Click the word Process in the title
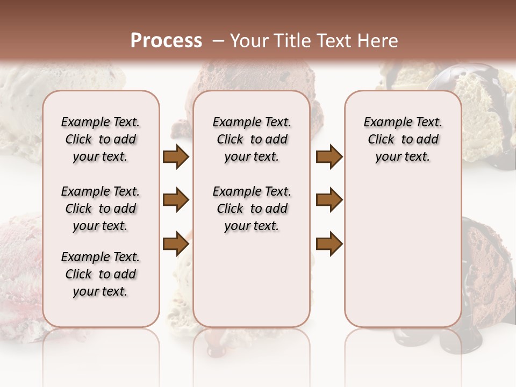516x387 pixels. coord(166,41)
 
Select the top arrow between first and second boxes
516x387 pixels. coord(175,157)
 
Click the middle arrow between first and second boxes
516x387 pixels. coord(175,200)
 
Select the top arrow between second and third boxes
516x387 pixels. coord(329,157)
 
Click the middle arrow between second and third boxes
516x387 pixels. coord(329,200)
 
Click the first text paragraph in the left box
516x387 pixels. coord(101,139)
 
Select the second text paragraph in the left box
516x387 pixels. coord(101,209)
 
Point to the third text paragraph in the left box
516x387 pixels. coord(101,274)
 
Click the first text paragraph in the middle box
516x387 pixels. coord(252,139)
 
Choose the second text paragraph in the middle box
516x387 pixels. coord(252,209)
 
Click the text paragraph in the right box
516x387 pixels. coord(403,139)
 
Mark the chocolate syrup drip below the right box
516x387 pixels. coord(408,339)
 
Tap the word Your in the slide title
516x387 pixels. coord(248,41)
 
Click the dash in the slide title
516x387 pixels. coord(218,41)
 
